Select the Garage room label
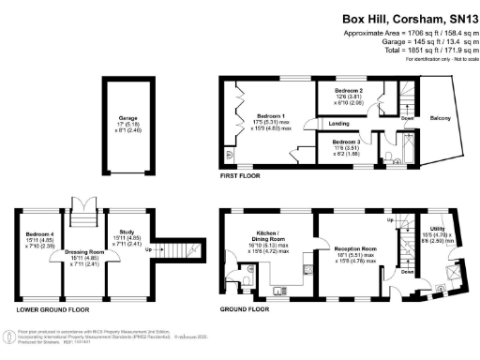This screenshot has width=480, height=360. (114, 119)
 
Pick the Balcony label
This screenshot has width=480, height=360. (441, 117)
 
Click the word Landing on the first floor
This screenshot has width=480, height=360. (340, 122)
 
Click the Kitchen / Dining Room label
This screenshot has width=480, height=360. (269, 233)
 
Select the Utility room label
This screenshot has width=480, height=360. (437, 228)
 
